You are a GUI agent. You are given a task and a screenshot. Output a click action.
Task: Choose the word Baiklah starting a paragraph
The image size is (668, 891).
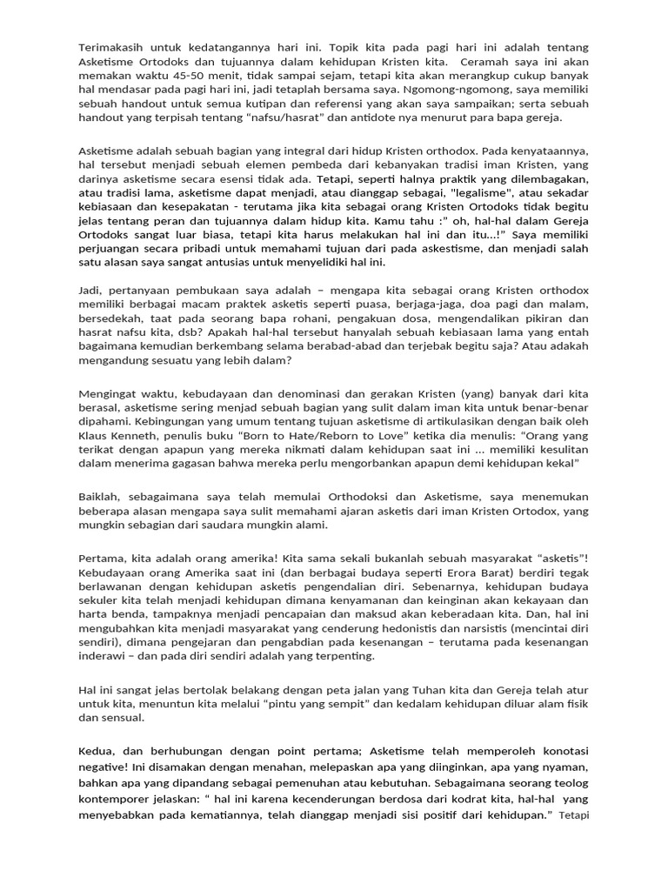[x=101, y=496]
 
